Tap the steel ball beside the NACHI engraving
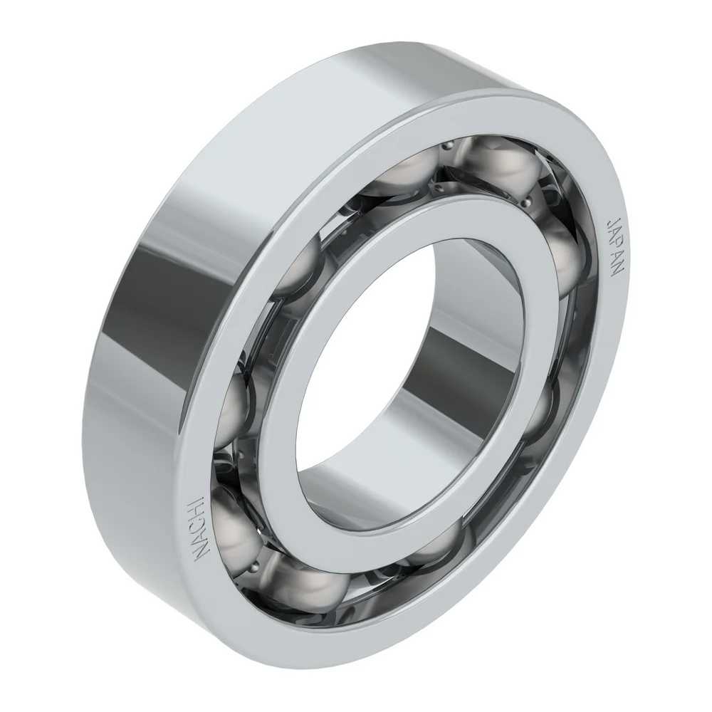point(235,527)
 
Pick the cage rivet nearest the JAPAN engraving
point(555,192)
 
